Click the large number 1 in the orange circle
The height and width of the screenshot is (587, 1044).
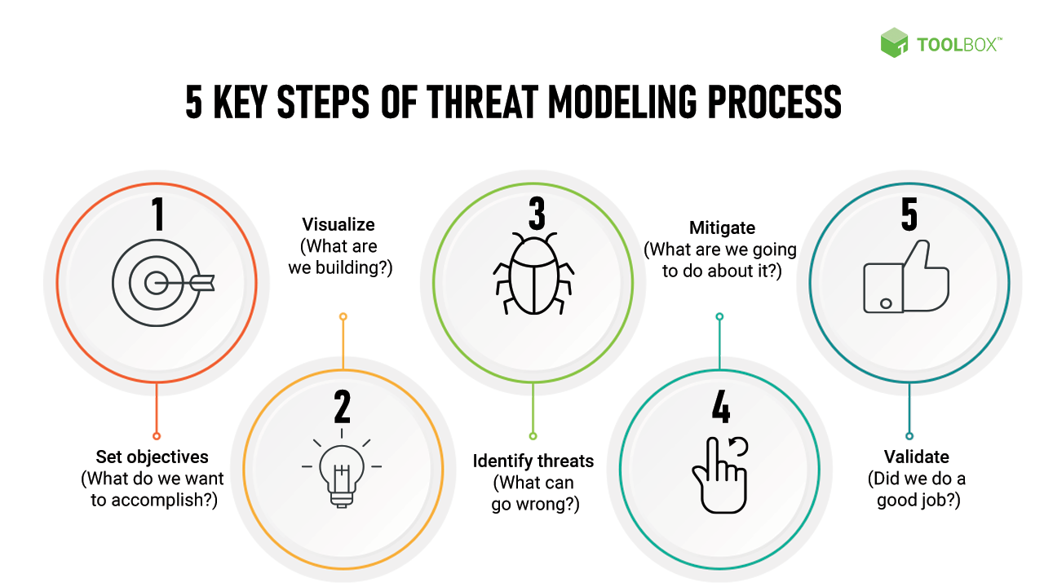pos(157,214)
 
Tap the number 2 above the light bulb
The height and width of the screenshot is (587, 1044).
pos(343,408)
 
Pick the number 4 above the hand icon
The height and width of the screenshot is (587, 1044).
pos(721,408)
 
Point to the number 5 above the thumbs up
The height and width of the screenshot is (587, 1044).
pos(909,214)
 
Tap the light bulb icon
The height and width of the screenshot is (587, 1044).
pos(342,473)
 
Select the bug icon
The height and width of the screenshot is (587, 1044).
pos(534,273)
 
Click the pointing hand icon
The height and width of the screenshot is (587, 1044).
pos(719,477)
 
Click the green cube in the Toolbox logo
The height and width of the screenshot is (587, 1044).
pos(894,42)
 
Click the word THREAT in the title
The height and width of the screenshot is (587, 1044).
pos(474,103)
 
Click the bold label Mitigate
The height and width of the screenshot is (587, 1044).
pos(722,227)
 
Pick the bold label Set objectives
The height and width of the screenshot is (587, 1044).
pos(153,457)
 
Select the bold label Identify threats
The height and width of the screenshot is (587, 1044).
pos(533,461)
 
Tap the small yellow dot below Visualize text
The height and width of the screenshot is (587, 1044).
pos(343,316)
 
